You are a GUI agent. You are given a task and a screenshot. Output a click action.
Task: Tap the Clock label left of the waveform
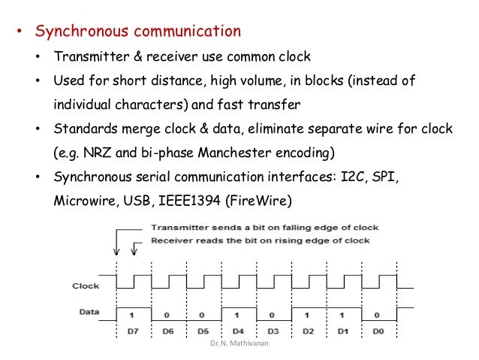point(86,286)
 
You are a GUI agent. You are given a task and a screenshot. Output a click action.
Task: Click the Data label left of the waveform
point(89,311)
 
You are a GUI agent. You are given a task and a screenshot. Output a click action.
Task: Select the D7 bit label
point(134,331)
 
